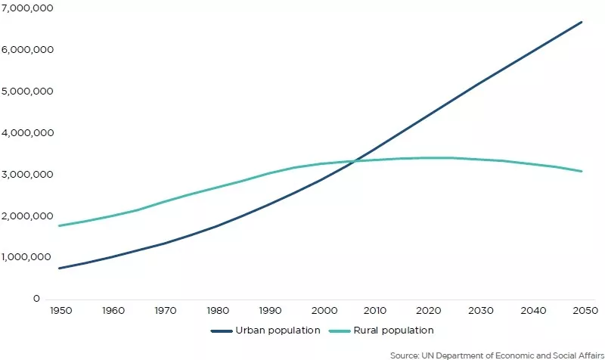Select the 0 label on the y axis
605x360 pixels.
(36, 299)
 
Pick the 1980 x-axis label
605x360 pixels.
(219, 311)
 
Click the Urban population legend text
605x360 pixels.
(278, 331)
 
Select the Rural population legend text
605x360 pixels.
(394, 331)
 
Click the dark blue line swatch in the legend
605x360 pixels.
(221, 331)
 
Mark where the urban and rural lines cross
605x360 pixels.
(355, 161)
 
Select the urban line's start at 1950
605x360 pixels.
(59, 268)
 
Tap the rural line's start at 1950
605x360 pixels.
(59, 225)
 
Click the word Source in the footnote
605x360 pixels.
(405, 355)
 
